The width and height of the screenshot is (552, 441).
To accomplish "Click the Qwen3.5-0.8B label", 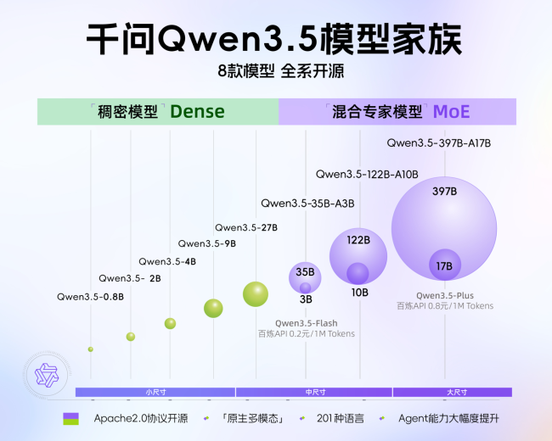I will pos(90,297).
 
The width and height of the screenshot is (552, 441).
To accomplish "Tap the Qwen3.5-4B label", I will pos(167,261).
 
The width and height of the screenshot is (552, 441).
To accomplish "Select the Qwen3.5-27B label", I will pos(245,227).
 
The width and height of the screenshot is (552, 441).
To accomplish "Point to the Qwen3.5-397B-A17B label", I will pos(439,142).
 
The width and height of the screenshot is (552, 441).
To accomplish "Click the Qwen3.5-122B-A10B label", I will pos(367,174).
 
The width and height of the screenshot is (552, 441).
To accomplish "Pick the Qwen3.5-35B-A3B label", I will pos(307,204).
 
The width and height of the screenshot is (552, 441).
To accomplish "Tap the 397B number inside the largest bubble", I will pos(444,191).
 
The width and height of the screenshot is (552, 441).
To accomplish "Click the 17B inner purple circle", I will pos(444,265).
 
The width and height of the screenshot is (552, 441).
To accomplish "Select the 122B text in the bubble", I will pos(358,240).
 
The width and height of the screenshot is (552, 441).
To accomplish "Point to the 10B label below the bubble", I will pos(359,293).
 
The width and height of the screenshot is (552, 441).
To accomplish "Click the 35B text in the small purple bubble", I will pos(306,272).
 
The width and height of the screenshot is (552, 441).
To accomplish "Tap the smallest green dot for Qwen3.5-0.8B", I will pos(90,349).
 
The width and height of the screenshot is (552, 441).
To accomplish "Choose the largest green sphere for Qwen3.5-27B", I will pos(256,293).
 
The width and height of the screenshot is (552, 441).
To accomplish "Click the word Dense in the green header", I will pos(197,111).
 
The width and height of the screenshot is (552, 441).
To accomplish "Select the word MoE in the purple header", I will pos(451,111).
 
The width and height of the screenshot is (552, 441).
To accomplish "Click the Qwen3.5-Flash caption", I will pos(307,323).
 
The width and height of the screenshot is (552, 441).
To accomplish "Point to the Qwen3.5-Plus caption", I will pos(444,295).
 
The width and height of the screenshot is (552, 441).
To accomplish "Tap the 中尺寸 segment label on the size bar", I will pos(315,392).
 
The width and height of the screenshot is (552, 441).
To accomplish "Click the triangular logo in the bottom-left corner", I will pos(42,375).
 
